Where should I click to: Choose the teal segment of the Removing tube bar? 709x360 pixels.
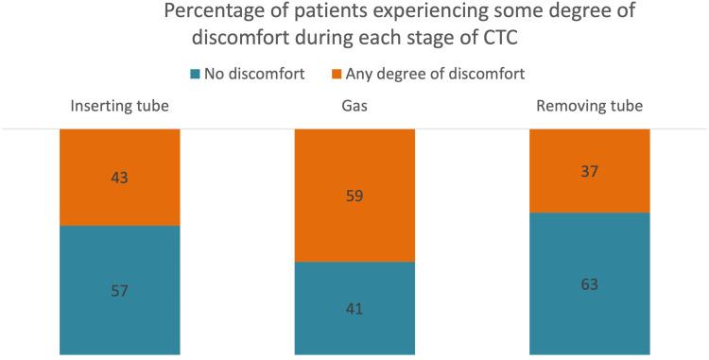(589, 312)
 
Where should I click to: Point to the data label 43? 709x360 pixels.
(120, 178)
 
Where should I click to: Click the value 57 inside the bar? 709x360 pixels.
(120, 290)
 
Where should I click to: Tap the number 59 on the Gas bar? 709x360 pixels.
(354, 196)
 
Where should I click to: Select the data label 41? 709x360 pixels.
(354, 308)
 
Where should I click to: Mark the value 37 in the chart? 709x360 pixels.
(589, 171)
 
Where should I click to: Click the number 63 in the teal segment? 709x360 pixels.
(589, 283)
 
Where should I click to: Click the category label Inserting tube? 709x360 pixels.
(120, 106)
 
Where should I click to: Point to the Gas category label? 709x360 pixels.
(354, 106)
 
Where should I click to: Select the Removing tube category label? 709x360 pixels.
(589, 106)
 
